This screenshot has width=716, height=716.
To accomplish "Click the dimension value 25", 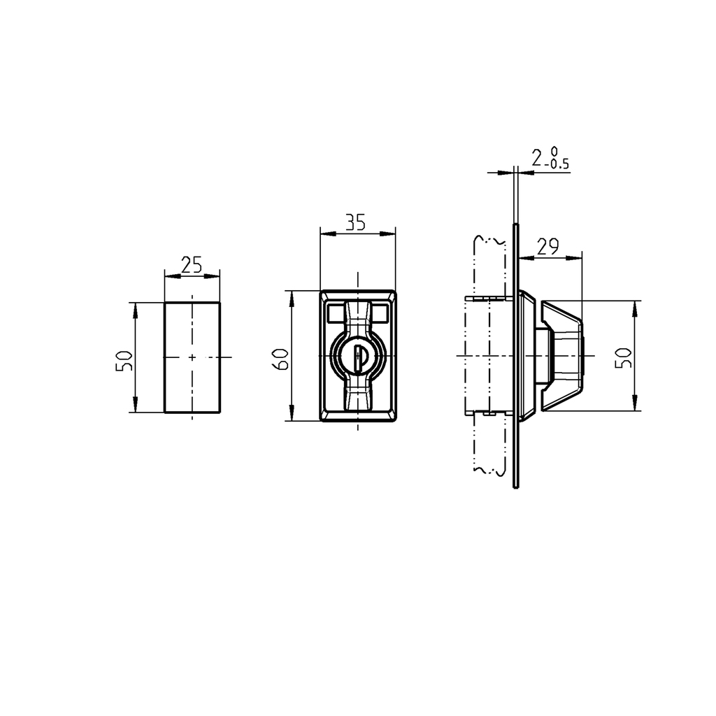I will click(192, 264).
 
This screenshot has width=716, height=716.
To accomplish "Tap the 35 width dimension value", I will click(355, 222).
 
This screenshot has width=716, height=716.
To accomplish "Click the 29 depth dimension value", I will click(549, 246).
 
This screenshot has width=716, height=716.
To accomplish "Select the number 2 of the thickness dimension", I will click(536, 158).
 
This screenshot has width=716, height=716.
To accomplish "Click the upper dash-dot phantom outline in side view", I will click(489, 266).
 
